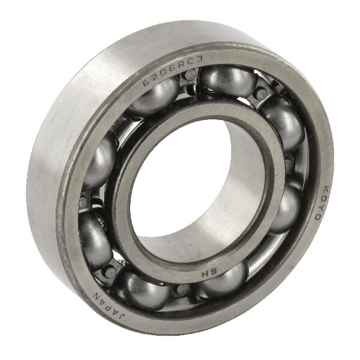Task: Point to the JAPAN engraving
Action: click(x=107, y=306)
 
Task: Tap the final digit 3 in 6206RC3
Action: click(x=200, y=59)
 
